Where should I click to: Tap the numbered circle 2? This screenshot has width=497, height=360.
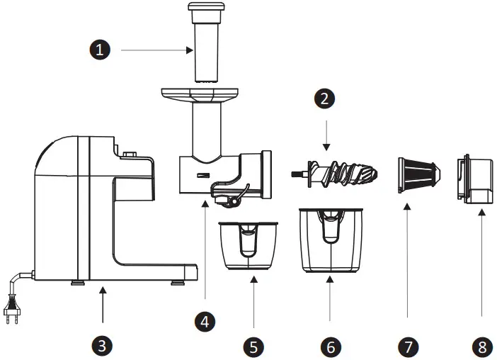325,99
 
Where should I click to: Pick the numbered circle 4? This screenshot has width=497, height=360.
205,320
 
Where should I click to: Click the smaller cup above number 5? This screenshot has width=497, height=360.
248,245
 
